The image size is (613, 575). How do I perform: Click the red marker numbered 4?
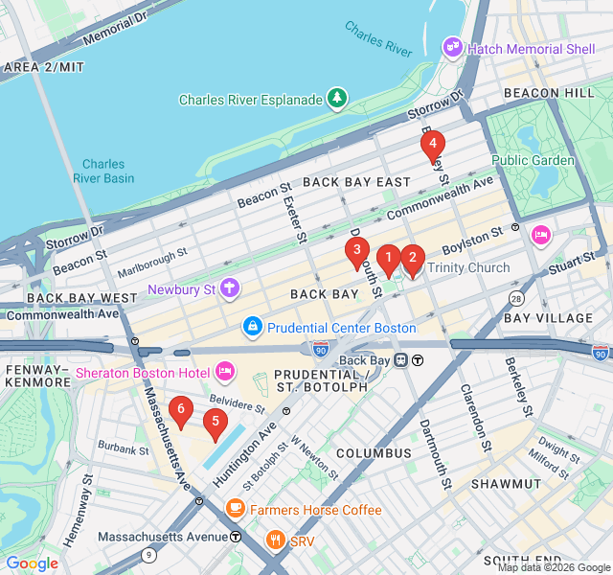(432, 146)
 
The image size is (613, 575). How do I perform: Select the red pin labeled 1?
(388, 258)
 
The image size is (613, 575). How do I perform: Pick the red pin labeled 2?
(412, 258)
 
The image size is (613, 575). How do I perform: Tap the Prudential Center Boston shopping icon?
(252, 328)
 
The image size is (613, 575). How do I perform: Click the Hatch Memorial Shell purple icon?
(452, 47)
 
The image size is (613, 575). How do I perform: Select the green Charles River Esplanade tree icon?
(336, 98)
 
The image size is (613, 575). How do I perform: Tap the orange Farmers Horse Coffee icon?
(235, 509)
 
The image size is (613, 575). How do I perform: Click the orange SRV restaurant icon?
(275, 540)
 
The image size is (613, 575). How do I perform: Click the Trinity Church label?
(468, 267)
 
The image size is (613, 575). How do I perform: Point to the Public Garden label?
(533, 160)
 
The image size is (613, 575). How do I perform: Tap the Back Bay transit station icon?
(402, 360)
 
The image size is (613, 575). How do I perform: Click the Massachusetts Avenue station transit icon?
(236, 537)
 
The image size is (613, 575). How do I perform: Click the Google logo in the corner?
(32, 563)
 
